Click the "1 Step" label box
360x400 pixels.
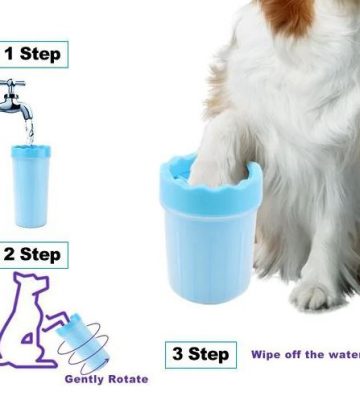point(34,54)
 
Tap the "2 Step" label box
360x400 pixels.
point(34,255)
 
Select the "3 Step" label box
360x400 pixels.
point(201,355)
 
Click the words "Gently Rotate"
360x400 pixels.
point(106,379)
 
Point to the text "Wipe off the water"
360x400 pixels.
point(306,354)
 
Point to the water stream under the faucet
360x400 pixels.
point(30,132)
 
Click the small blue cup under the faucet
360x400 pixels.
point(31,186)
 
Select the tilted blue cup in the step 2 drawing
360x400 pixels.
point(82,338)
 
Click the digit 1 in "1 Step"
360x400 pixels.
point(9,54)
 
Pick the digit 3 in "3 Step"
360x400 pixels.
point(178,354)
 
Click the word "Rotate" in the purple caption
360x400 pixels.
point(129,379)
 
